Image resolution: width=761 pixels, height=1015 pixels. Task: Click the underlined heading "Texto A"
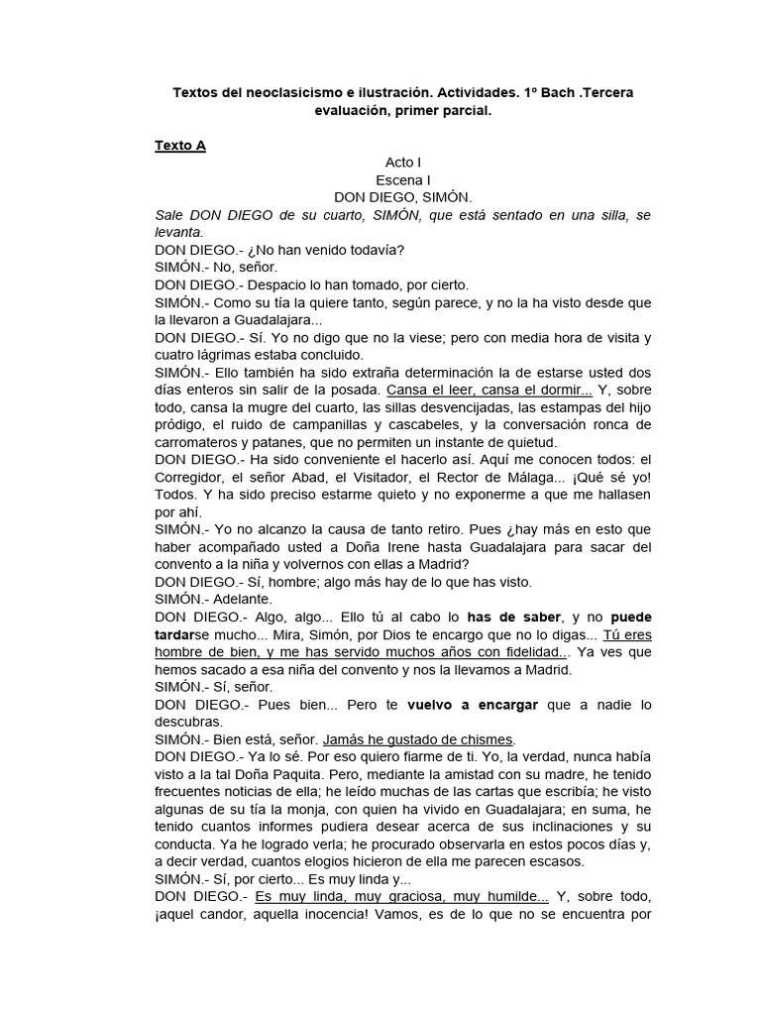pos(180,145)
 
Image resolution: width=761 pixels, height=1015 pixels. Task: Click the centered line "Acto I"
pos(403,162)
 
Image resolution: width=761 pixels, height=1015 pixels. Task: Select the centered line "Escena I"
pos(403,179)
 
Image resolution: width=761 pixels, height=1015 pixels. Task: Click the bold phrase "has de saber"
pos(514,617)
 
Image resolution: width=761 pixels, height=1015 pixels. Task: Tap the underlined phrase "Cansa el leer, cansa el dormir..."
pos(489,390)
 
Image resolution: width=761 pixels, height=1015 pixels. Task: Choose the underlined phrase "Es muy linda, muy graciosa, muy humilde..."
pos(401,895)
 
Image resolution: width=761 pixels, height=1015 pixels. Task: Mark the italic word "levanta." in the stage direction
pos(178,232)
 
